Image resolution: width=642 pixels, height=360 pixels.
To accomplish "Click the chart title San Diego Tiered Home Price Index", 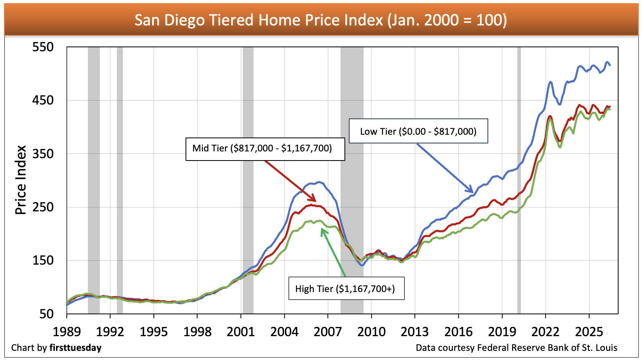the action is coord(321,20).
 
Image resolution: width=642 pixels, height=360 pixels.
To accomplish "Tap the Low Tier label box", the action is coord(418,131).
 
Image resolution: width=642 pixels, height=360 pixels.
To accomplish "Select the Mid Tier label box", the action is coord(265,149).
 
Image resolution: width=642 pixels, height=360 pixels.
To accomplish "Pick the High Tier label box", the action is coord(346,288).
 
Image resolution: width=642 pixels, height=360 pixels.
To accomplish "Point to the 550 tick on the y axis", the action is coord(43,47).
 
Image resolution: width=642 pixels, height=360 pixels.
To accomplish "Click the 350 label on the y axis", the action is coord(43,154).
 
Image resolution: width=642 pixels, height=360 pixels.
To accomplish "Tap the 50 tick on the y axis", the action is coord(46,314).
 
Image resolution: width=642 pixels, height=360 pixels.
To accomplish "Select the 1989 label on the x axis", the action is coord(67,332).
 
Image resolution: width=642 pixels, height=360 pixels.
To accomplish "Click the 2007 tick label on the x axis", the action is coord(328,332).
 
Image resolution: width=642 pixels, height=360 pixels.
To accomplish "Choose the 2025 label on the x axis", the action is coord(589,332).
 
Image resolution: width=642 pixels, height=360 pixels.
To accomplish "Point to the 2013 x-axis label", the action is coord(415,332).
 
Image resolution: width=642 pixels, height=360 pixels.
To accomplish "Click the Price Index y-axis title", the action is coord(21,180).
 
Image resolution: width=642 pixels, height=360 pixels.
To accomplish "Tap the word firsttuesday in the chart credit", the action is coord(75,348).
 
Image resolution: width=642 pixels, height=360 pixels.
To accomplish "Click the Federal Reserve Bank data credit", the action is coord(516,348).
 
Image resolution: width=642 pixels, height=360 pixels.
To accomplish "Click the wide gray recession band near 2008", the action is coord(352,180).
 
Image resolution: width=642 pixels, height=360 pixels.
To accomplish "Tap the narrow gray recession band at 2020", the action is coord(519,180).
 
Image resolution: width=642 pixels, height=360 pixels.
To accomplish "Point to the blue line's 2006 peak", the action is coord(319,182).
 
